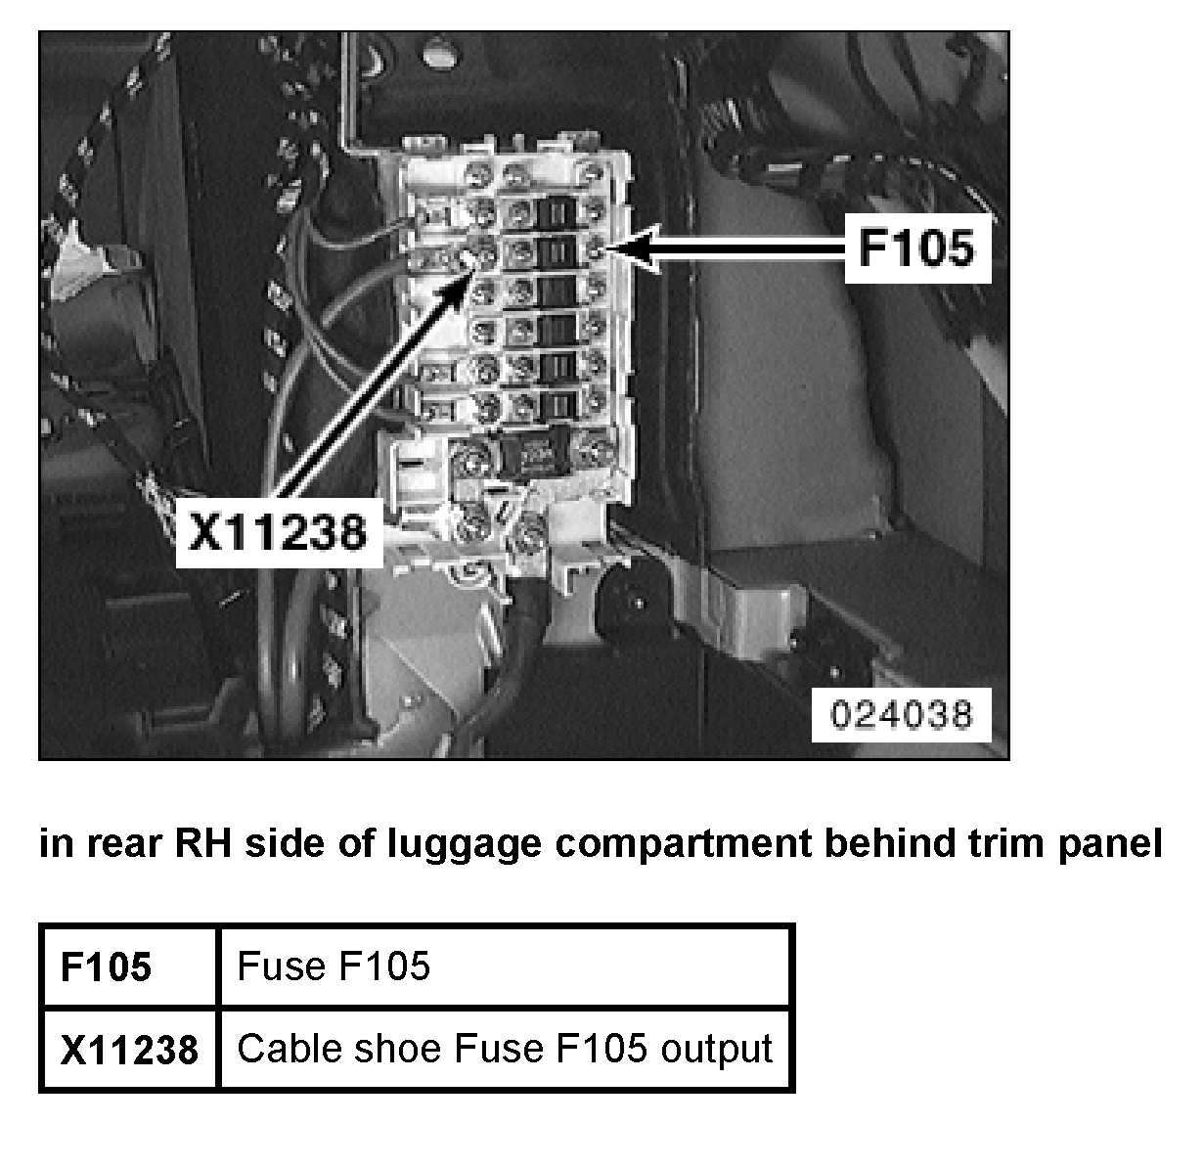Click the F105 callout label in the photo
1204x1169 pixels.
(916, 249)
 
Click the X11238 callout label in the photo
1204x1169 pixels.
(278, 531)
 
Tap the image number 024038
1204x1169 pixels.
(901, 713)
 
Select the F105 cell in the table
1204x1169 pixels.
(107, 967)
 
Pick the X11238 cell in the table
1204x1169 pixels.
(129, 1050)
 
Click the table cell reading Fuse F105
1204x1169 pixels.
(334, 967)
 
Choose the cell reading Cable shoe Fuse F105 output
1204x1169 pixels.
(505, 1049)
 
